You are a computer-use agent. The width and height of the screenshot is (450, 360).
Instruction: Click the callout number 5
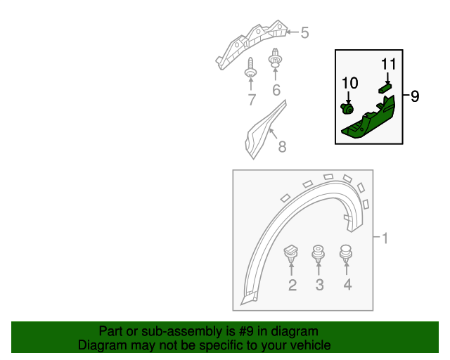(x=304, y=32)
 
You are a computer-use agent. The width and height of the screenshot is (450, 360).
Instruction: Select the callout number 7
(x=251, y=100)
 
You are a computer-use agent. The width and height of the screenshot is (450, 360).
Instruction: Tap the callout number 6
(x=276, y=90)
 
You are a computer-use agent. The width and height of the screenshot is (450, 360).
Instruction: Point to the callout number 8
(x=281, y=148)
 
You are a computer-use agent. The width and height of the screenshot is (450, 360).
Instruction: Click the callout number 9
(x=415, y=96)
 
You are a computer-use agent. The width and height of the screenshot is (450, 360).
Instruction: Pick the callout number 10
(x=349, y=84)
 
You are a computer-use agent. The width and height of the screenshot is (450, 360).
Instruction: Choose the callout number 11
(x=389, y=64)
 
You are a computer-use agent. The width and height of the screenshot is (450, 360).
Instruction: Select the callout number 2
(x=292, y=285)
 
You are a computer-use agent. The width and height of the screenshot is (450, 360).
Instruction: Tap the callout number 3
(x=319, y=285)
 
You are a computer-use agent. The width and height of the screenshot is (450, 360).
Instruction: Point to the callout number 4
(x=347, y=285)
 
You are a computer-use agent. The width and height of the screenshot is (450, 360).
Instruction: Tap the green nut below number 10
(x=347, y=108)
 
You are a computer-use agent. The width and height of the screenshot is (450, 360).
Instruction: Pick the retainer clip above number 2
(x=291, y=253)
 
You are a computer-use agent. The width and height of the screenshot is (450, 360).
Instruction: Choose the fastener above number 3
(x=319, y=252)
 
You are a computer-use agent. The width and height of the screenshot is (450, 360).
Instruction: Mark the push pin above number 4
(x=346, y=252)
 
